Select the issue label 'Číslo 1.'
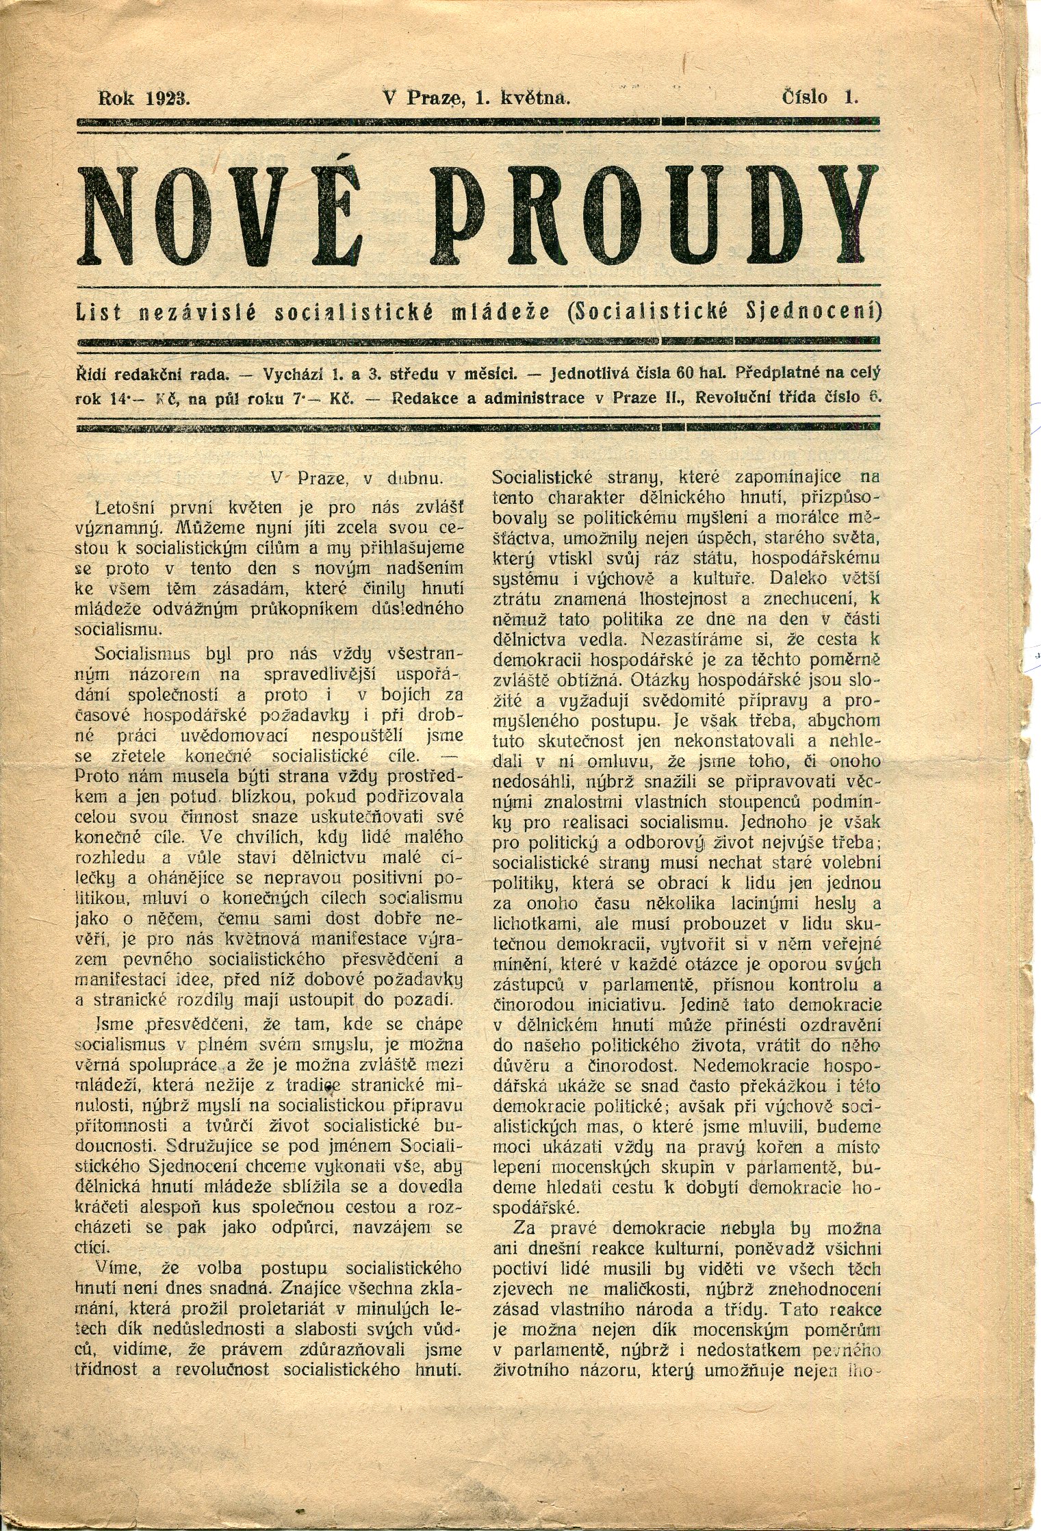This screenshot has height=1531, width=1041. point(820,97)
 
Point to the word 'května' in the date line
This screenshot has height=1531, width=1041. point(536,97)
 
